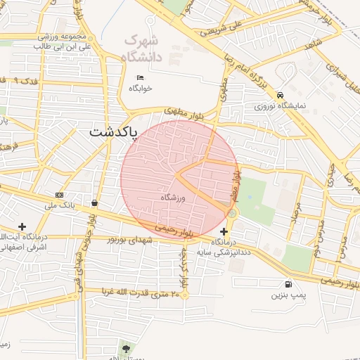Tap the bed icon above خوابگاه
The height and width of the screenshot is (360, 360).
[141, 77]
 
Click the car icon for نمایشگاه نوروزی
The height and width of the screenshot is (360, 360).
[281, 96]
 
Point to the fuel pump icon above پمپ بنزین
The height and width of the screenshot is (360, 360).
[288, 284]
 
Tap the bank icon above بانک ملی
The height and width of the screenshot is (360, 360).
[59, 195]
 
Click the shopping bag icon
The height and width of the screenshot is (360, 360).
[94, 203]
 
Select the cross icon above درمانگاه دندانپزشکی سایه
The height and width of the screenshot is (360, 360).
[224, 231]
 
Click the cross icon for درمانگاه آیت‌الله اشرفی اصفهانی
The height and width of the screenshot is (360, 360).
[22, 226]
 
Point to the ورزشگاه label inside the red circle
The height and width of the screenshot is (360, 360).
[172, 198]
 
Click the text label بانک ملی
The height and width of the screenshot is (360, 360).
[60, 206]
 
